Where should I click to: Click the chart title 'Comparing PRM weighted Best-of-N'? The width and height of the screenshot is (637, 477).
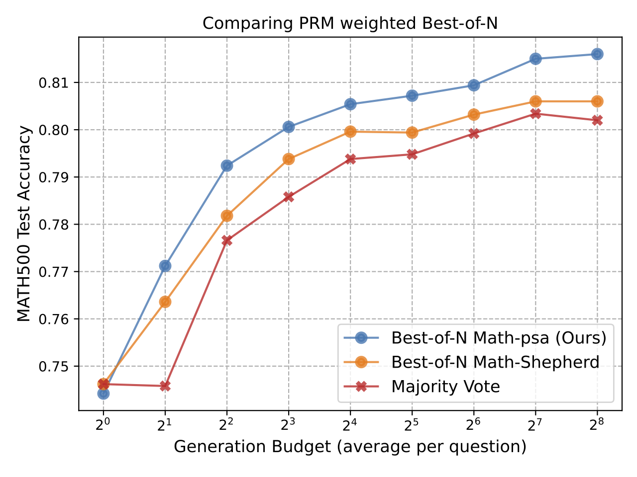[350, 23]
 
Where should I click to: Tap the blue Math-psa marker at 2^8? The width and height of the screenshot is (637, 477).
[597, 54]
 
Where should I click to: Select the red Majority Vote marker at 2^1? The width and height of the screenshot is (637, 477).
[165, 386]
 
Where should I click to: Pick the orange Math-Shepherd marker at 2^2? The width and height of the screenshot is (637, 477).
[227, 216]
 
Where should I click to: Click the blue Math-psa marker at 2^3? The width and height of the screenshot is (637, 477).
[289, 127]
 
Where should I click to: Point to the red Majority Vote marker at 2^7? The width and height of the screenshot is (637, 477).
[535, 114]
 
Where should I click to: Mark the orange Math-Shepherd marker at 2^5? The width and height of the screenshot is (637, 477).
[412, 133]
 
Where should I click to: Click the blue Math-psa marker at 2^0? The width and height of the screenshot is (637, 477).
[104, 394]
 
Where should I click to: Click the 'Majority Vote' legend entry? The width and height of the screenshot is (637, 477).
[445, 387]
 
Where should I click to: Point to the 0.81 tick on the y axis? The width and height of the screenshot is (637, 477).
[54, 83]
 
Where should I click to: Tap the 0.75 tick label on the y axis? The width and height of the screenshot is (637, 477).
[54, 367]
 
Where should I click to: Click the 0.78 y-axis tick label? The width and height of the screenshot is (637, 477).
[54, 225]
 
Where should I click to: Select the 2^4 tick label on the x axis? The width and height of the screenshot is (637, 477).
[350, 425]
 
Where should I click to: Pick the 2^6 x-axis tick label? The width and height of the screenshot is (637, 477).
[474, 425]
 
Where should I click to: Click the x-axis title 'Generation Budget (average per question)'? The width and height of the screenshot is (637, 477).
[350, 447]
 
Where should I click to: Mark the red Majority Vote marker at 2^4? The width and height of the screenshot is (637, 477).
[350, 159]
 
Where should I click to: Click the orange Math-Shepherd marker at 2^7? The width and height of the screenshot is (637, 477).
[535, 101]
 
